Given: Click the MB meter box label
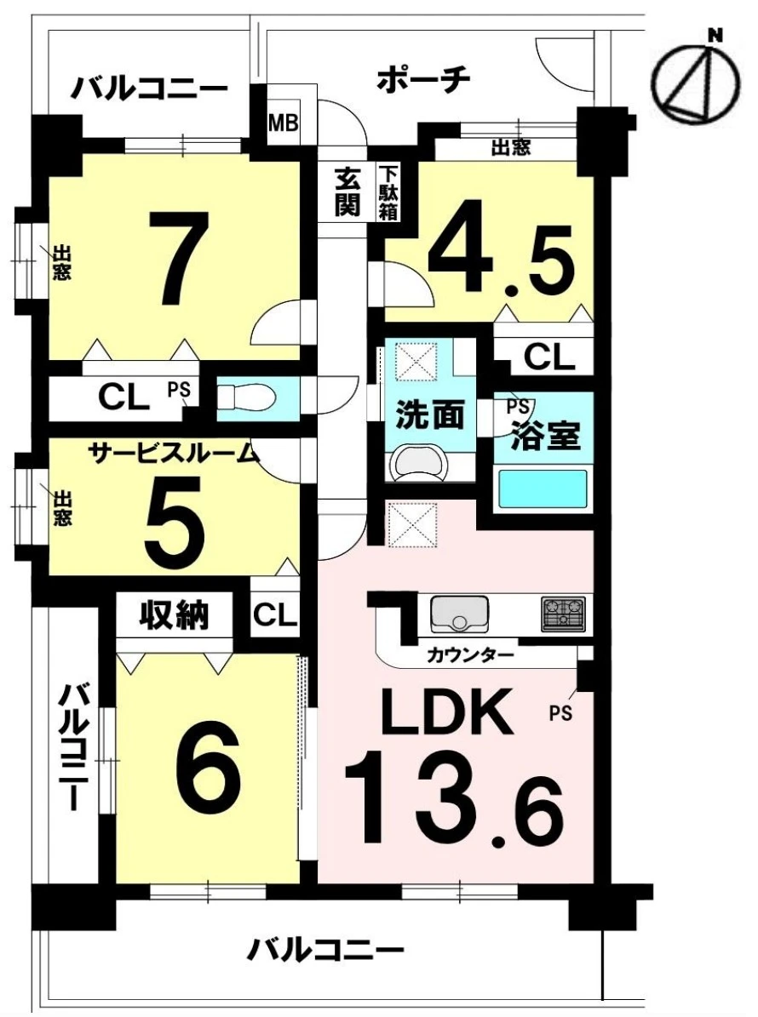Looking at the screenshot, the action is point(284,122).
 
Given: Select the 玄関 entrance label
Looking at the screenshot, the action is point(347,192).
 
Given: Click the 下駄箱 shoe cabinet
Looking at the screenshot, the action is point(388,192).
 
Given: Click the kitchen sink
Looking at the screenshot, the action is point(459,614).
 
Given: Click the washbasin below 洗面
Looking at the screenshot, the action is point(420,463).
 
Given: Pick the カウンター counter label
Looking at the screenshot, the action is point(470,655).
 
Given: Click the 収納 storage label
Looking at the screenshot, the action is point(175,614).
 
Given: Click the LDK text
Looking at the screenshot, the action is point(445,712).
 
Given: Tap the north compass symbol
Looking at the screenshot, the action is point(695,81).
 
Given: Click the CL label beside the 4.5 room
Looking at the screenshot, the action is point(549,357).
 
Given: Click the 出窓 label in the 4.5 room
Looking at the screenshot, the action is point(511,148).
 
